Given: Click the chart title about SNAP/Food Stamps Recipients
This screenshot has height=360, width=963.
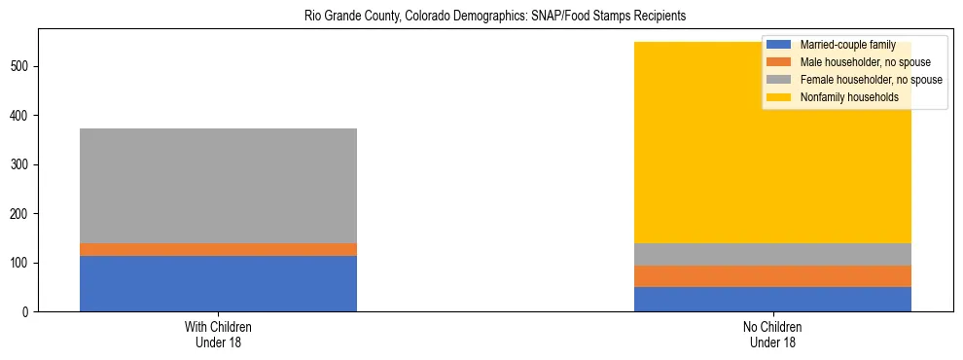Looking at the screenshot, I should [481, 17].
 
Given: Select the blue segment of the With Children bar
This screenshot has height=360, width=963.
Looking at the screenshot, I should [218, 283].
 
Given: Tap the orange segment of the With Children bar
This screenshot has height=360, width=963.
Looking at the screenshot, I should [218, 249].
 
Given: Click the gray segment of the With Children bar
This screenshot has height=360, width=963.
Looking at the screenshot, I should [218, 186].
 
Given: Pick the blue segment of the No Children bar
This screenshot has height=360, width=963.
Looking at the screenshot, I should [772, 299].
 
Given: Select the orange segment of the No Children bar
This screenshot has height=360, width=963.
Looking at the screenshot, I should [772, 276].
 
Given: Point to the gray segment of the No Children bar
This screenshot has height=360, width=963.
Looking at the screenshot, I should [772, 254].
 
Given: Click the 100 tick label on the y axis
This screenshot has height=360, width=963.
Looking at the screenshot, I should [21, 263].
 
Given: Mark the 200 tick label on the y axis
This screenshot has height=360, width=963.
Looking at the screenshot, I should [21, 214].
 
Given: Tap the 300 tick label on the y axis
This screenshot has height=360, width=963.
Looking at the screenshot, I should [21, 164].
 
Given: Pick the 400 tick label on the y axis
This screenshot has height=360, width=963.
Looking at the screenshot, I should [21, 116].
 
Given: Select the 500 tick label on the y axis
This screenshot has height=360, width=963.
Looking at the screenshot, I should [21, 66].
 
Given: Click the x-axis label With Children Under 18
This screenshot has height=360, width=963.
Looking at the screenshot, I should [218, 334].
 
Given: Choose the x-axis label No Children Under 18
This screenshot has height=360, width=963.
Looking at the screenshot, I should [772, 334].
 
